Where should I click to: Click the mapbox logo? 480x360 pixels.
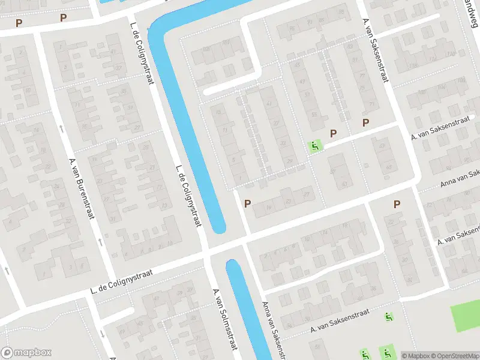[x=26, y=353]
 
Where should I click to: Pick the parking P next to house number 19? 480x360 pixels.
[x=247, y=204]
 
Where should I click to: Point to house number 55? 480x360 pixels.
[x=314, y=115]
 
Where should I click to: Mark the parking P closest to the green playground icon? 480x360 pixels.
[x=333, y=133]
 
